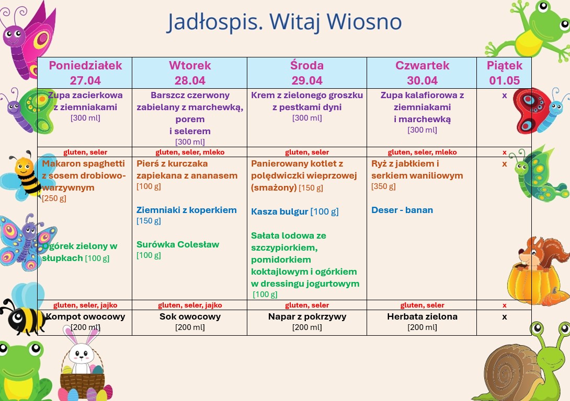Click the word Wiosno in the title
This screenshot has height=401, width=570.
click(364, 22)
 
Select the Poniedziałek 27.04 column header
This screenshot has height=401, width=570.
click(85, 73)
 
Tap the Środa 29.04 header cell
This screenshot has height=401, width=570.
click(307, 73)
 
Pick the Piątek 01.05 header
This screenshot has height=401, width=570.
click(504, 73)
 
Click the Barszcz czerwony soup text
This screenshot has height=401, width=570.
click(190, 95)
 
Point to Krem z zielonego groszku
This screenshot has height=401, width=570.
click(307, 95)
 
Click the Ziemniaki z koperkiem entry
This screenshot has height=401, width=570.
click(187, 210)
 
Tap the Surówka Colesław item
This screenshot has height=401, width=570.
click(178, 244)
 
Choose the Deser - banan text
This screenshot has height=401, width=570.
click(402, 210)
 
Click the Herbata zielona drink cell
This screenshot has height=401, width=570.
click(422, 322)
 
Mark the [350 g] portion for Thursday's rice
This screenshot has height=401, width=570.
click(383, 186)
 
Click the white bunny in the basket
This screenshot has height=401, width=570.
click(82, 352)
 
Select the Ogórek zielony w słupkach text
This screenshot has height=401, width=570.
click(79, 252)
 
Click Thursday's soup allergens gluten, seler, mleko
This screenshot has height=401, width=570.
click(422, 152)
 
